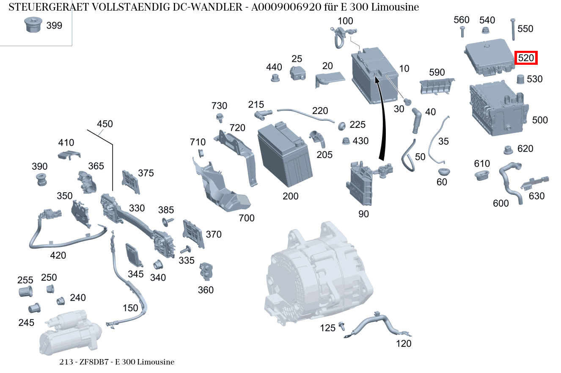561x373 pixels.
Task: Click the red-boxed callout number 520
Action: coord(525,58)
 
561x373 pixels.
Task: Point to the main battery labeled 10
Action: coord(374,76)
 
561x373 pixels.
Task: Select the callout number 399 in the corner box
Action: coord(54,25)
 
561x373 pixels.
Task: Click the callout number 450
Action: coord(105,124)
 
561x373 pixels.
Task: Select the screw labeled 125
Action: coord(342,326)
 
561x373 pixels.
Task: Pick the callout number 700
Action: coord(247,218)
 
